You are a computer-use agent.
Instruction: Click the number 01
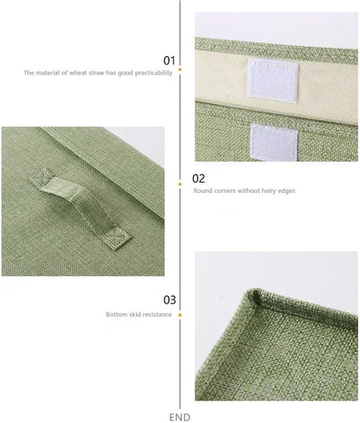click(170, 61)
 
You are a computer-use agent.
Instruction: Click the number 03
click(170, 299)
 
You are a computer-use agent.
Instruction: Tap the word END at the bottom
click(180, 417)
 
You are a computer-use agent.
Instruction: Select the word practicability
click(154, 74)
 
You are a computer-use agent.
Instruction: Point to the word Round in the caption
click(202, 189)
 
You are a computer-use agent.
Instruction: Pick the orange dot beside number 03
click(180, 315)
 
